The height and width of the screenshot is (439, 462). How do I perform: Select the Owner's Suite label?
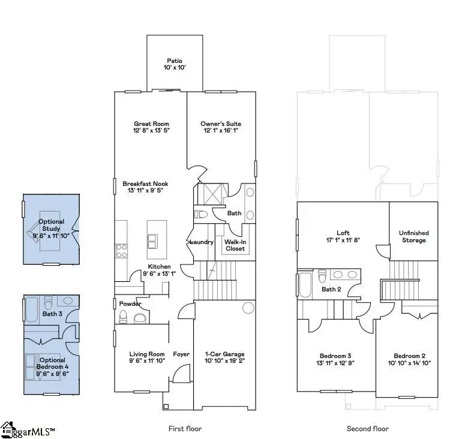220,124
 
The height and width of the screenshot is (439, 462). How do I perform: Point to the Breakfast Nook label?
145,184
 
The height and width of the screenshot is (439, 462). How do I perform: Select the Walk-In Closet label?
235,245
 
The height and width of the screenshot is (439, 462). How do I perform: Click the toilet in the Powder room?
140,317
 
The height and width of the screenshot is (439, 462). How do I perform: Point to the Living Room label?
147,354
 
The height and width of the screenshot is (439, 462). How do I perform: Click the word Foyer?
181,354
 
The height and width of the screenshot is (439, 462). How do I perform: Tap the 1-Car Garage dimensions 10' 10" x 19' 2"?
225,361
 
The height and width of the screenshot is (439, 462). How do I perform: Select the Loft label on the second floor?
343,233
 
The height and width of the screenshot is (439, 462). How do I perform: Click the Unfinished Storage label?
413,236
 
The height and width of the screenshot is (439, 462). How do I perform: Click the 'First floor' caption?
185,428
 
